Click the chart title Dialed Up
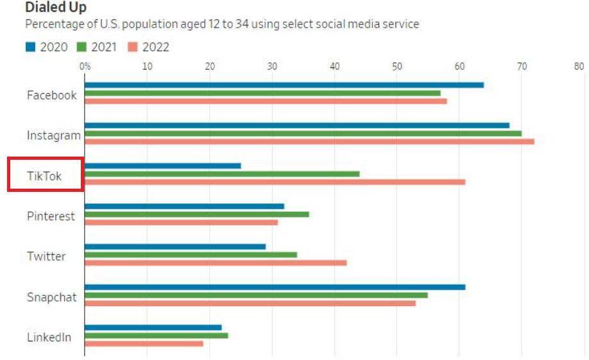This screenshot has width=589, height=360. [56, 8]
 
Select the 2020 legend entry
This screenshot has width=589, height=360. [46, 47]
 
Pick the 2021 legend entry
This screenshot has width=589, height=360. [96, 47]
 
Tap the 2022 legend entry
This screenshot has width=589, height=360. [149, 47]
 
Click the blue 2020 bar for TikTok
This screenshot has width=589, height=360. [163, 166]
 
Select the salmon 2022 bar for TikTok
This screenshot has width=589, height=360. [275, 182]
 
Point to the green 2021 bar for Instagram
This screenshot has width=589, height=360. [303, 133]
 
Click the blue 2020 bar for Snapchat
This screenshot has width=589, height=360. [275, 287]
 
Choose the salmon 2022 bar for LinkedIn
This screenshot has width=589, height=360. [144, 343]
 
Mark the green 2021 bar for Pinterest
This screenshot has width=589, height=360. [197, 214]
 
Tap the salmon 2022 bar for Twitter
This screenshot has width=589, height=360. [216, 262]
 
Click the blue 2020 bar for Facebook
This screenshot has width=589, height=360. [284, 85]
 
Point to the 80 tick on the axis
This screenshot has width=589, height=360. [579, 65]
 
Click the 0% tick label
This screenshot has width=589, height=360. [85, 65]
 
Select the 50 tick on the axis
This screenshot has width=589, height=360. [397, 65]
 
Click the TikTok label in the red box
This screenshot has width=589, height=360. [44, 176]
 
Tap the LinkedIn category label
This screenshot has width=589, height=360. [49, 338]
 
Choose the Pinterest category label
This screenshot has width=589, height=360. [51, 216]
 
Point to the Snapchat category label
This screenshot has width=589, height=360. [51, 297]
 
